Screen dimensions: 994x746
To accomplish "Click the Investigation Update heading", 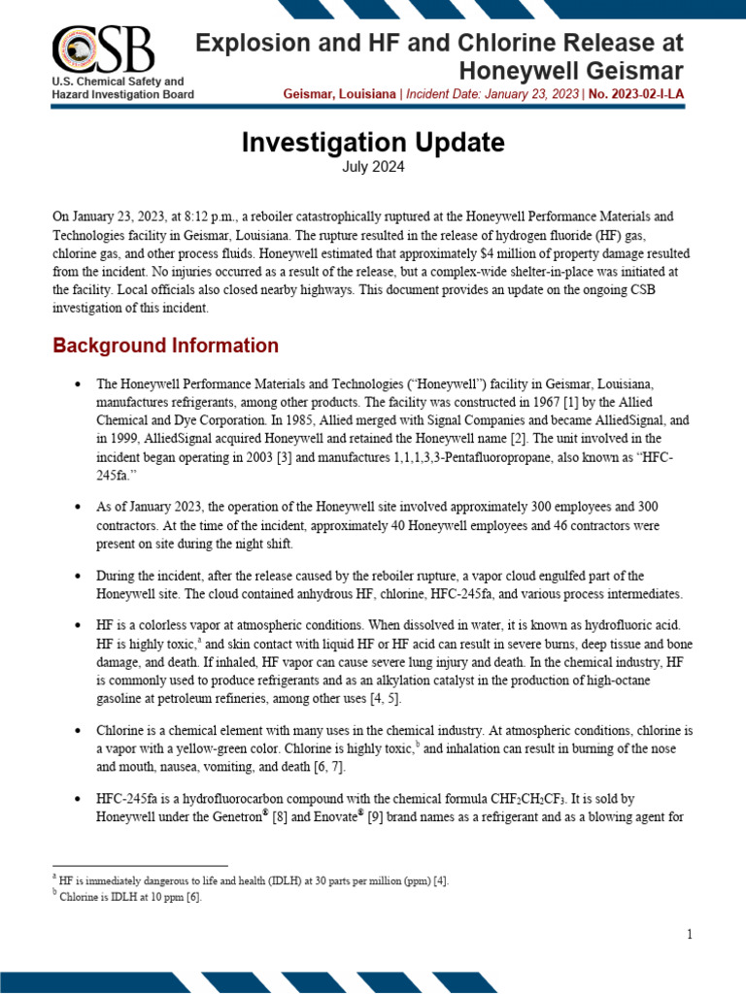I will [x=373, y=143].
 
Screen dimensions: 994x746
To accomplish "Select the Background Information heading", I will [x=165, y=346].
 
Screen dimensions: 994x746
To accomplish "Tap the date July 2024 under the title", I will [x=373, y=167].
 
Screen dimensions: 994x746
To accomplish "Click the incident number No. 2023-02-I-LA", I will [x=635, y=94].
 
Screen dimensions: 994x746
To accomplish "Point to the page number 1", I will [x=690, y=934].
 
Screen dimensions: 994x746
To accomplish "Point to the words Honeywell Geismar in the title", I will [x=570, y=70].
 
